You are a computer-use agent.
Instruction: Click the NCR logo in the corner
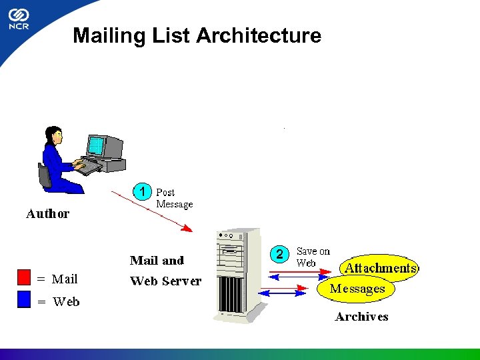pos(18,19)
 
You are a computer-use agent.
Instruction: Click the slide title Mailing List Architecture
pos(197,35)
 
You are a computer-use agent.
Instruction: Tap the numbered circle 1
pos(142,191)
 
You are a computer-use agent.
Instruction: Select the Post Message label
pos(174,198)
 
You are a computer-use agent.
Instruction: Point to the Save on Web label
pos(313,257)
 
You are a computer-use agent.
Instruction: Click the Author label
pos(47,214)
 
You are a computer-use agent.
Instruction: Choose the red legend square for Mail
pos(25,277)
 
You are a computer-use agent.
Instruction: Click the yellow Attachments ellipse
pos(380,267)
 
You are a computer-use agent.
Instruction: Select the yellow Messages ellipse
pos(357,289)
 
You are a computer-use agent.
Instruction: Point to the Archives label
pos(361,317)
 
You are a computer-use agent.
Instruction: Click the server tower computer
pos(239,273)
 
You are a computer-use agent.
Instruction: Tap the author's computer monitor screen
pos(97,145)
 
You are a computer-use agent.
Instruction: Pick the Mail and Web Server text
pos(165,271)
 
